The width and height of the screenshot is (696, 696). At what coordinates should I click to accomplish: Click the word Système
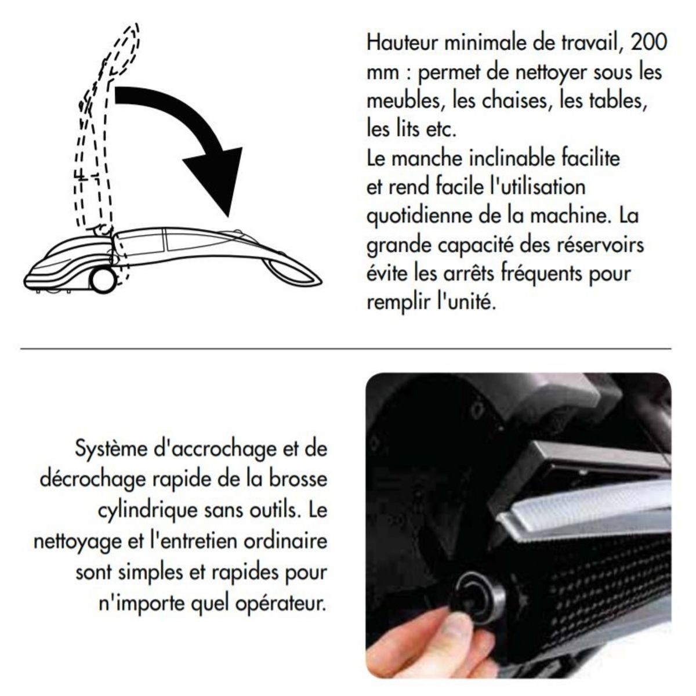pos(111,449)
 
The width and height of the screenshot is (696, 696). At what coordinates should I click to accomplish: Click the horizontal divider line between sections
pos(346,349)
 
